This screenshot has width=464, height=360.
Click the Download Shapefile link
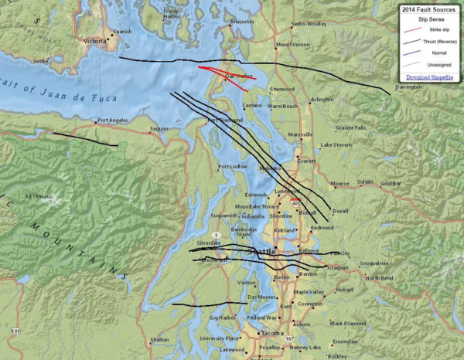[428, 77]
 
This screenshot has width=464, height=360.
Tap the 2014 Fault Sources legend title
[428, 8]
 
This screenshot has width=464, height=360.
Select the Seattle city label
[261, 253]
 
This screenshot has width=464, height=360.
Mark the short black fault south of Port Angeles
[85, 139]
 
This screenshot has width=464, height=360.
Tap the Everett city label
[307, 161]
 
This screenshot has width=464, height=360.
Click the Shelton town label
[159, 339]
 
